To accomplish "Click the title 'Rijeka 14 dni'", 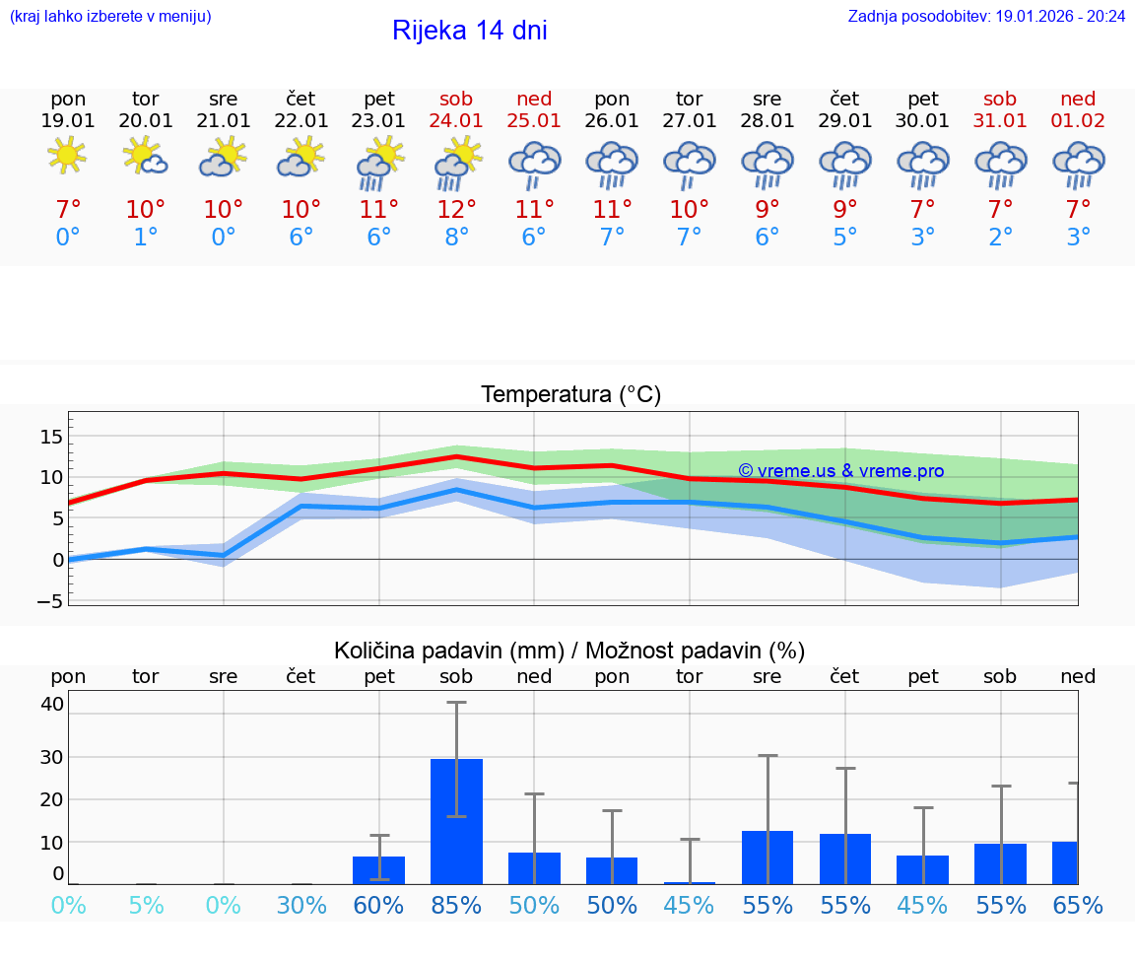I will click(469, 31).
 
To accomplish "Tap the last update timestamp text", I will click(986, 16).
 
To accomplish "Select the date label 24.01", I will click(456, 120).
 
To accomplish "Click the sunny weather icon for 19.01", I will click(67, 156).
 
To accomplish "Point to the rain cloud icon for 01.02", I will click(1078, 165).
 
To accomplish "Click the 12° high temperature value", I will click(456, 209).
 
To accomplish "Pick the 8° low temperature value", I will click(456, 237).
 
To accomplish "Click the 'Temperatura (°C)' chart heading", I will click(570, 395).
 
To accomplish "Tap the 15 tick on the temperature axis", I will click(51, 436).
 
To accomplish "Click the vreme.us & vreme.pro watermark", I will click(840, 471).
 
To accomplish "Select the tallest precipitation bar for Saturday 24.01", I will click(456, 821).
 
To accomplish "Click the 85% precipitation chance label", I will click(456, 905).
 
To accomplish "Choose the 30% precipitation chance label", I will click(301, 905).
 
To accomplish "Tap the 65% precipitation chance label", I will click(1078, 905).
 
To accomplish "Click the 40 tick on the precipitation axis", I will click(52, 704).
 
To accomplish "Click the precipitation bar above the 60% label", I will click(378, 869).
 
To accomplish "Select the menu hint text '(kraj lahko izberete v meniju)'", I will click(110, 16).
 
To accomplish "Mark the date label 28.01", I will click(768, 120).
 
